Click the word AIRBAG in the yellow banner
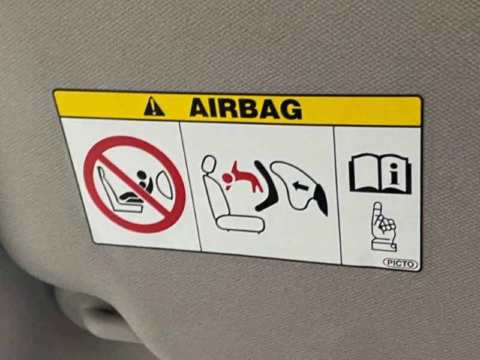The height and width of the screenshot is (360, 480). [245, 109]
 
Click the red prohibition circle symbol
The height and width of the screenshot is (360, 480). [134, 184]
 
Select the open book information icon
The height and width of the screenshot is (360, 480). [380, 173]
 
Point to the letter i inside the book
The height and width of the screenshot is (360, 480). [395, 174]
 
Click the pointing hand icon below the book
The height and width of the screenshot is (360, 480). [383, 227]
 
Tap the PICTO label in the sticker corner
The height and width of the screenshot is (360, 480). [401, 263]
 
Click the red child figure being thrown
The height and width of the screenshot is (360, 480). [242, 178]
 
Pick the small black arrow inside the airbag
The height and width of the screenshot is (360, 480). [299, 185]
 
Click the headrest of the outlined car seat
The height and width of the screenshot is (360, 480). [209, 166]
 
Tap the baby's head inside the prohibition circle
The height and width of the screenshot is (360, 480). [142, 176]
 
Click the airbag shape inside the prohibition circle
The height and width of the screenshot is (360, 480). [164, 185]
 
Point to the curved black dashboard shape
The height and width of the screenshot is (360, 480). [269, 187]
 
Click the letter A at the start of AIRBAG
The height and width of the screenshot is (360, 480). [200, 108]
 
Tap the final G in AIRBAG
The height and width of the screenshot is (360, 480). [291, 110]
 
